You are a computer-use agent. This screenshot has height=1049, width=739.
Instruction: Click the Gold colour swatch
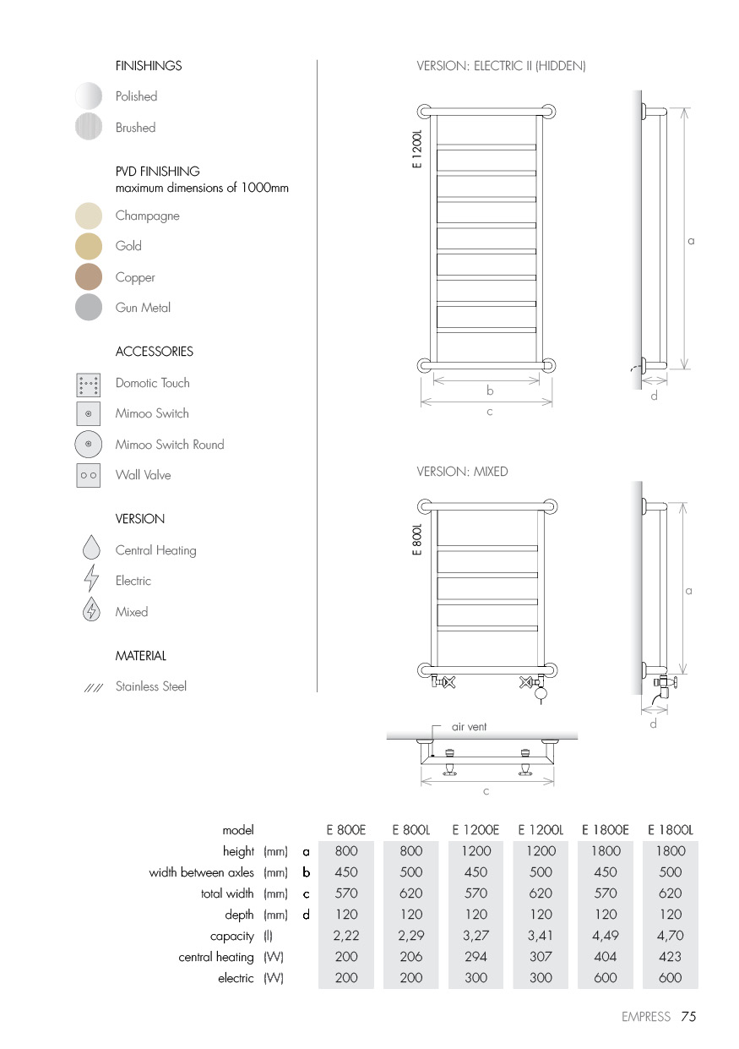click(x=89, y=246)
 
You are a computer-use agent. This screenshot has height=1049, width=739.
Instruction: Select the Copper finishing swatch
click(x=89, y=277)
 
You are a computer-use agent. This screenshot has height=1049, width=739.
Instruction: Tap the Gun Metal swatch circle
click(x=89, y=308)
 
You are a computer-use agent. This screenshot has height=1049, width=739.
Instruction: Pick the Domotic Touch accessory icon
click(x=89, y=385)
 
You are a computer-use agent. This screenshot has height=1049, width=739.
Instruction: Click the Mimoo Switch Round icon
click(x=89, y=445)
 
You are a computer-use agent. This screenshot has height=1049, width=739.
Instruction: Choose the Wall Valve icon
click(x=89, y=475)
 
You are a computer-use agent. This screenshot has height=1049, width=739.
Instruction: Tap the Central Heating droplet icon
click(x=91, y=549)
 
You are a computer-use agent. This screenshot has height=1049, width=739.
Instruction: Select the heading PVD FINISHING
click(x=158, y=171)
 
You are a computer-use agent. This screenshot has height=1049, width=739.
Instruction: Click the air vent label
click(x=469, y=726)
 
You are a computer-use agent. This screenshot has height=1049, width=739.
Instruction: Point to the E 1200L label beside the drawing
click(x=416, y=149)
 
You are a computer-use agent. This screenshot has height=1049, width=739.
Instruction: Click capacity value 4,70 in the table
click(x=670, y=936)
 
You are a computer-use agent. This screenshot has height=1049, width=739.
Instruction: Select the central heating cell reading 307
click(x=541, y=957)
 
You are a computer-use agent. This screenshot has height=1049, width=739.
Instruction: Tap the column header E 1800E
click(x=606, y=830)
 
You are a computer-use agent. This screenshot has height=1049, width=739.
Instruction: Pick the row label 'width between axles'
click(x=201, y=872)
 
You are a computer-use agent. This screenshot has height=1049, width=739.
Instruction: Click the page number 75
click(x=688, y=1017)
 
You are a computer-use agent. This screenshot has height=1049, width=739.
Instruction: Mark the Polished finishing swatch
click(x=89, y=96)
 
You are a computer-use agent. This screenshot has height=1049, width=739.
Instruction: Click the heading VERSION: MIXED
click(x=462, y=472)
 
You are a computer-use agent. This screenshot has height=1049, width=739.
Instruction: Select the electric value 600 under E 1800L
click(x=670, y=978)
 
